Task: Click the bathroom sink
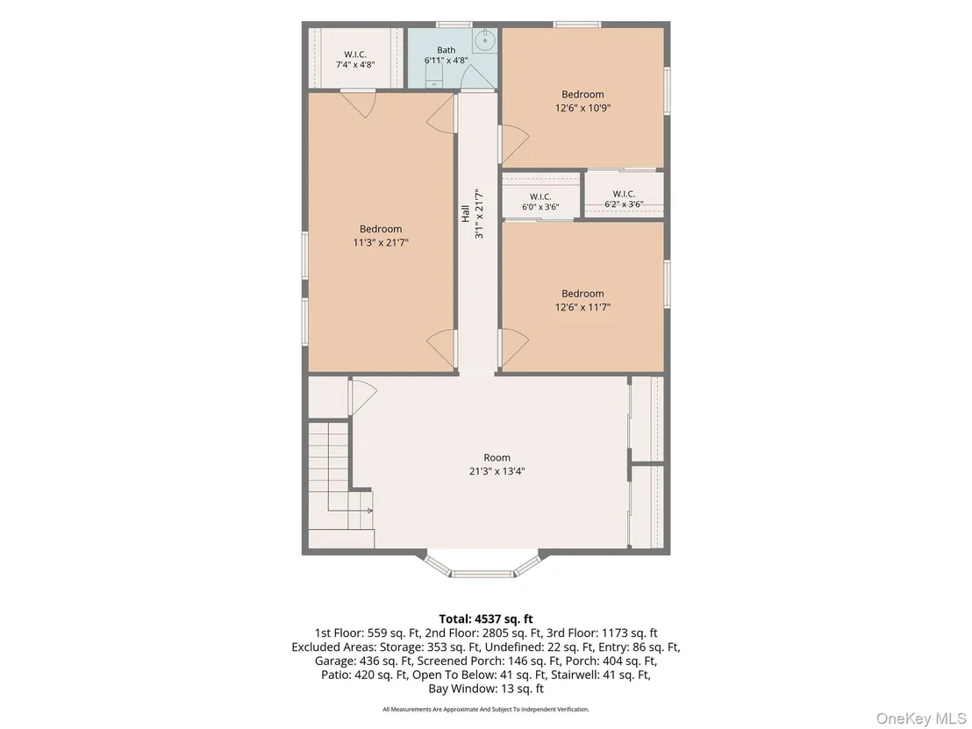tap(483, 41)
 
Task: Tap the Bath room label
tap(446, 50)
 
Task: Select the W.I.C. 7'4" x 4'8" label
tap(355, 60)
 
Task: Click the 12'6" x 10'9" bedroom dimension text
tap(582, 108)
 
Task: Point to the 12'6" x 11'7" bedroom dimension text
tap(582, 307)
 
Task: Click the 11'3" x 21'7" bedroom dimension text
tap(381, 242)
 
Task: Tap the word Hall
tap(465, 214)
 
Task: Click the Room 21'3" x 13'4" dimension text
tap(497, 471)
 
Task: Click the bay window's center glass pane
tap(482, 574)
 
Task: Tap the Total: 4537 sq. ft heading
tap(486, 618)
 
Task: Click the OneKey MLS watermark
tap(922, 718)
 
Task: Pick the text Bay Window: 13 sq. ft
tap(486, 689)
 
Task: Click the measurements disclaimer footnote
tap(486, 709)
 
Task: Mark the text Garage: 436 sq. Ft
tap(360, 661)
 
